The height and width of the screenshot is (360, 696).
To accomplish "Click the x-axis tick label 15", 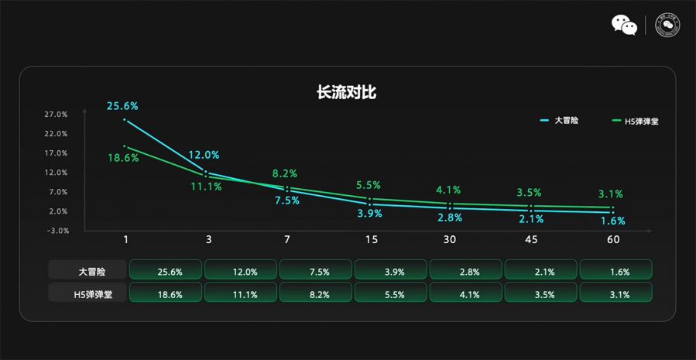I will click(x=372, y=241).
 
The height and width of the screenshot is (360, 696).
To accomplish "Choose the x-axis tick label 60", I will click(x=613, y=241).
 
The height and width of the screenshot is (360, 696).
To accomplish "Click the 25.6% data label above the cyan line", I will click(x=123, y=106).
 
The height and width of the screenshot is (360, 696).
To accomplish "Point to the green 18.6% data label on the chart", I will click(x=123, y=158).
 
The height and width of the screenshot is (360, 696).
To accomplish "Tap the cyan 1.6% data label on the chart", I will click(x=612, y=221).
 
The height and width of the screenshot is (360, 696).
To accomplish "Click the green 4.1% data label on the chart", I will click(x=448, y=190).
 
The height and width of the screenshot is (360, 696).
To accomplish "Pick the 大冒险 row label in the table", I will click(x=87, y=272).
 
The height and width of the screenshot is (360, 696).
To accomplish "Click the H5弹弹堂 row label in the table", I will click(x=87, y=294).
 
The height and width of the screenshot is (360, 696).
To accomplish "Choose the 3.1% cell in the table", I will click(x=616, y=294).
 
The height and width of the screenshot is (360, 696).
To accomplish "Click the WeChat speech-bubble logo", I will click(x=624, y=25).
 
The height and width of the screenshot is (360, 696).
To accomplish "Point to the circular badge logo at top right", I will click(x=667, y=25).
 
